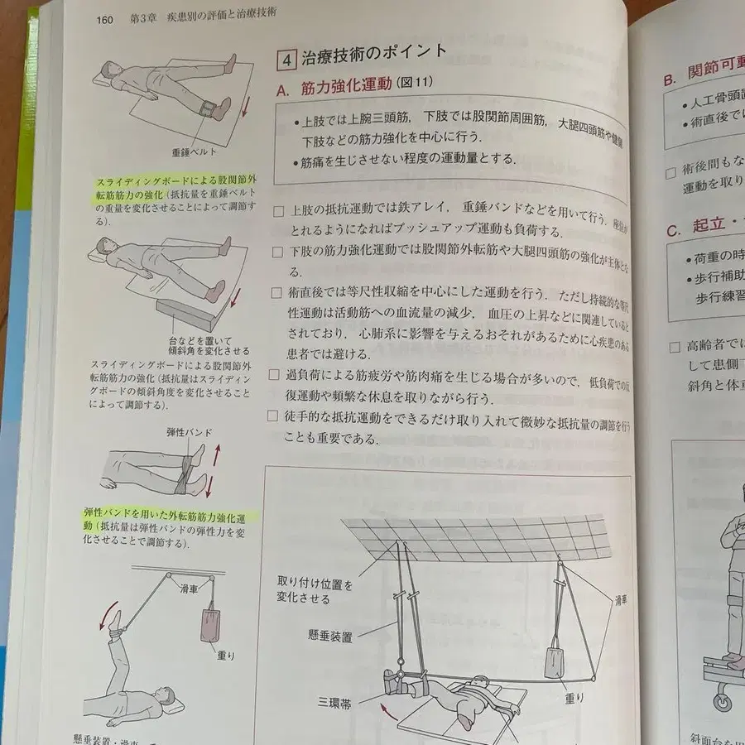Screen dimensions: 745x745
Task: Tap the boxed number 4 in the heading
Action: point(286,59)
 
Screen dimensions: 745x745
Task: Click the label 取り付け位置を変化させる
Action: point(315,592)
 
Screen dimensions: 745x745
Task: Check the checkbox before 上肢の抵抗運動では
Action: point(277,211)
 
